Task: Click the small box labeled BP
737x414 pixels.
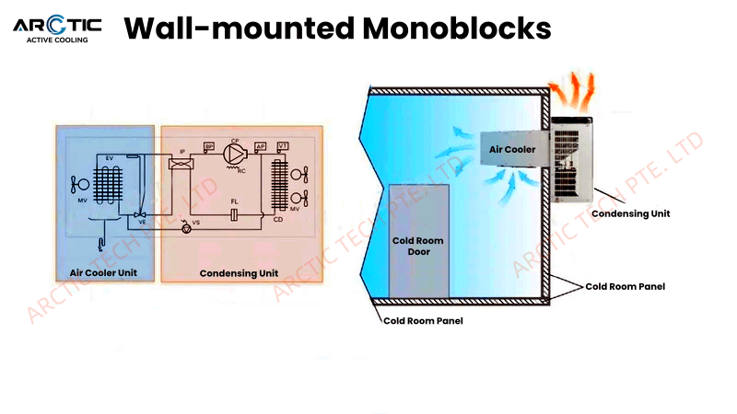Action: (x=209, y=146)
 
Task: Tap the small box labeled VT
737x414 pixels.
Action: (x=283, y=146)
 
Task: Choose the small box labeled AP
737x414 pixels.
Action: (x=261, y=146)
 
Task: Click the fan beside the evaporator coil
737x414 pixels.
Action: (x=78, y=185)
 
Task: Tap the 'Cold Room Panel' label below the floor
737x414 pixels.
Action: (x=423, y=320)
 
